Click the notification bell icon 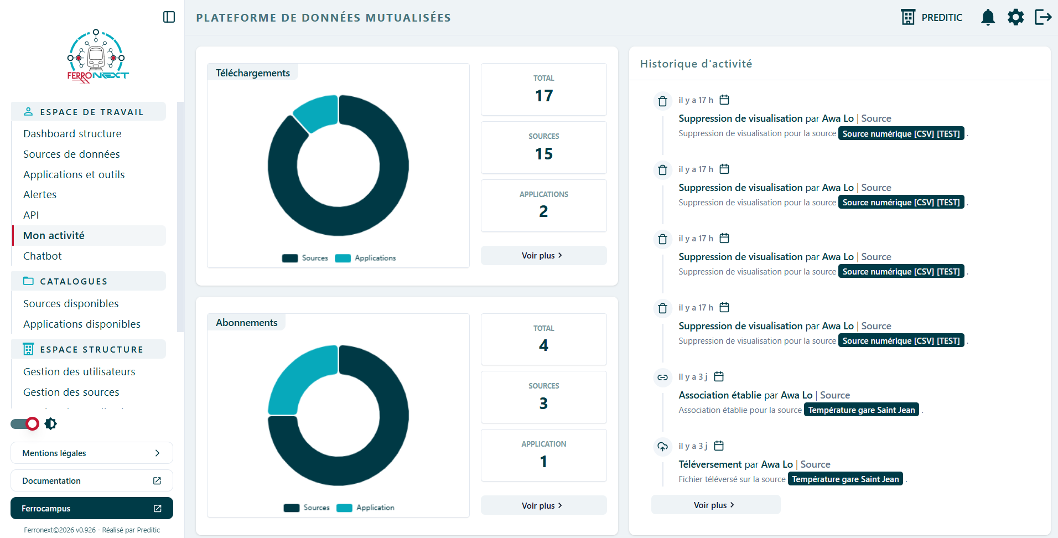[x=988, y=17]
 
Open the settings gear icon [x=1015, y=17]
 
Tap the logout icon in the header [x=1043, y=17]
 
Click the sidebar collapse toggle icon [x=169, y=17]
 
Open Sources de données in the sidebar [x=71, y=154]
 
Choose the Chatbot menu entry [x=43, y=256]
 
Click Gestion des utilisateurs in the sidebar [x=79, y=371]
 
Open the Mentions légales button [x=92, y=453]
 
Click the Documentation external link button [x=92, y=480]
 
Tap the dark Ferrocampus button [x=92, y=508]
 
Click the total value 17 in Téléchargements [x=544, y=96]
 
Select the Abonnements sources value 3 [x=544, y=403]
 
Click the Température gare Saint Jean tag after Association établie [x=862, y=410]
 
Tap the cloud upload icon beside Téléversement [x=662, y=447]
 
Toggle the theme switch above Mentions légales [x=25, y=424]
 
